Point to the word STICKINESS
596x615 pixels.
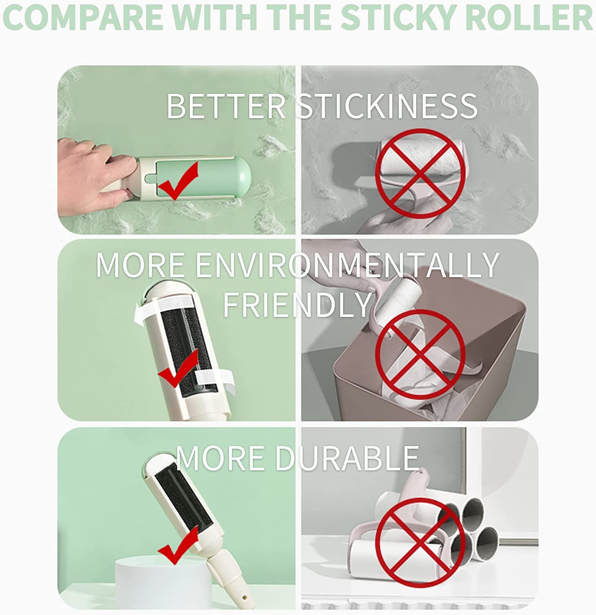pyautogui.click(x=387, y=106)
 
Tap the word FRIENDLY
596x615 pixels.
pyautogui.click(x=297, y=304)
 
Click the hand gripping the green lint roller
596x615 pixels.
pyautogui.click(x=97, y=172)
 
